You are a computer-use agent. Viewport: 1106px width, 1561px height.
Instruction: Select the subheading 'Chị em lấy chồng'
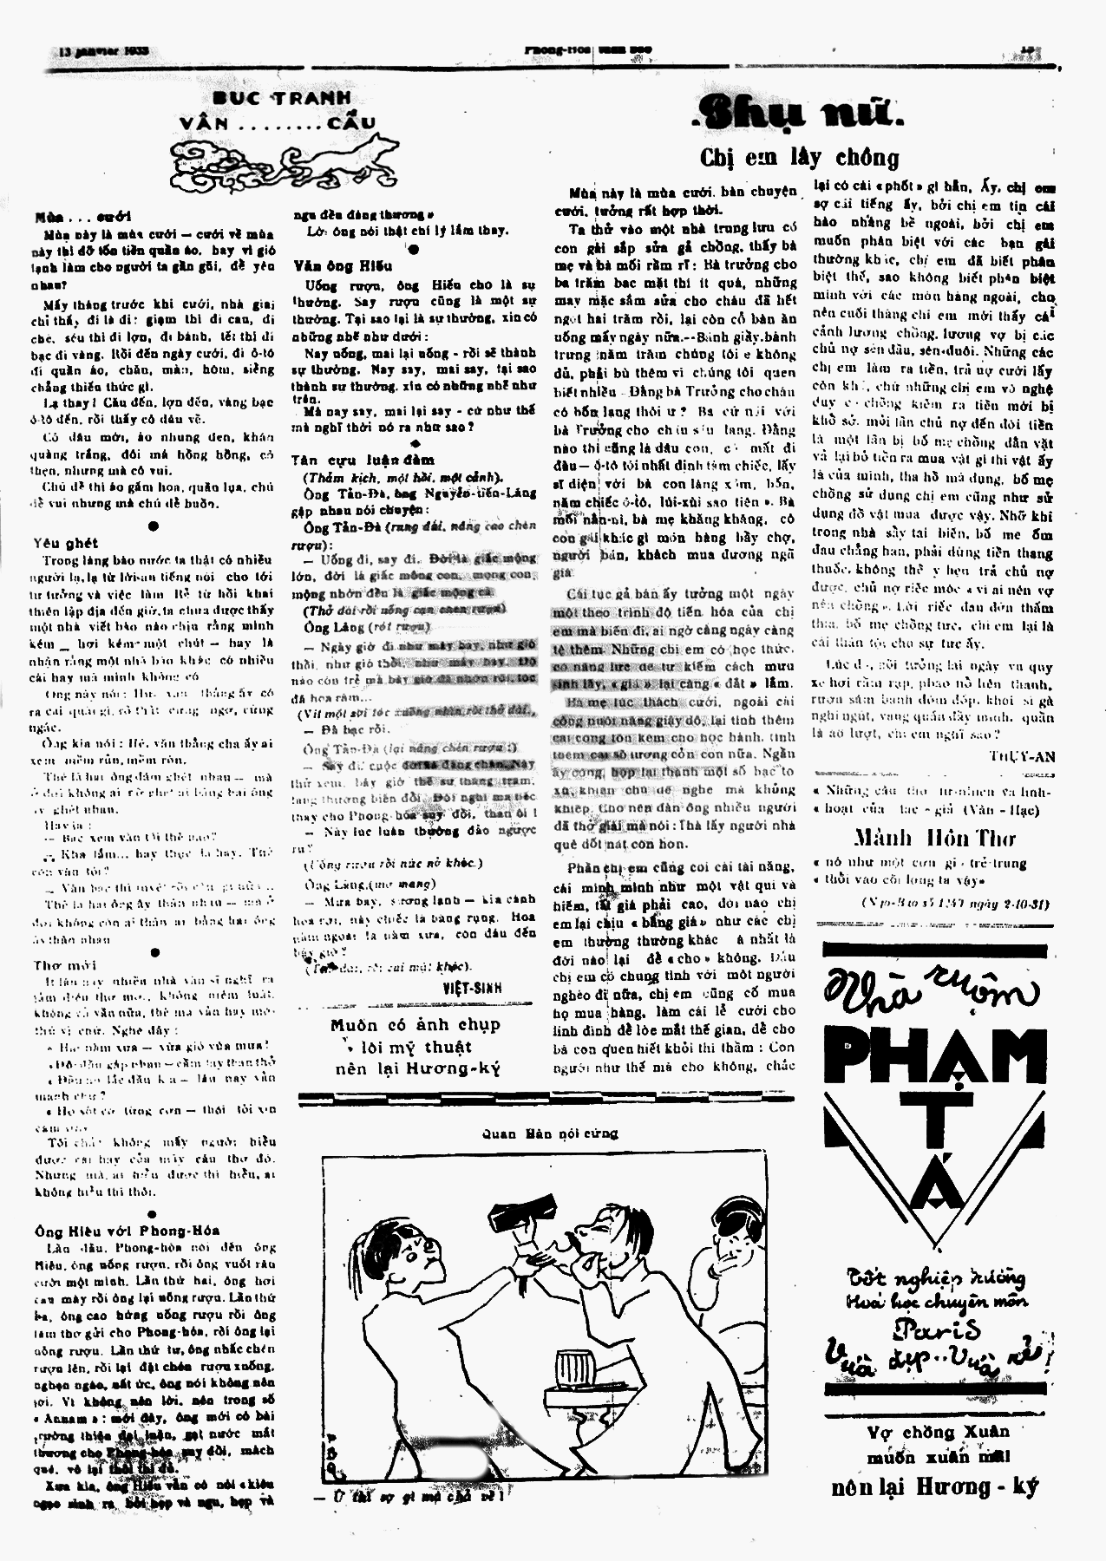click(x=799, y=158)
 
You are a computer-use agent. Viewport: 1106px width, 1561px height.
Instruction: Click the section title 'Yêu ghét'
click(x=65, y=543)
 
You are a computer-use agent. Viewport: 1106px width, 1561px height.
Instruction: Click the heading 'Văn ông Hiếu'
click(x=343, y=265)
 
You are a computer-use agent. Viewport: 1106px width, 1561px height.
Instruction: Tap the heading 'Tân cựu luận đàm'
click(x=363, y=460)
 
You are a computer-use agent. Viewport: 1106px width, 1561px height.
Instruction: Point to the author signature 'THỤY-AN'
click(x=1022, y=756)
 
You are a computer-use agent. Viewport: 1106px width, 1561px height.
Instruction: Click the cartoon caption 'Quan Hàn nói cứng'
click(x=550, y=1133)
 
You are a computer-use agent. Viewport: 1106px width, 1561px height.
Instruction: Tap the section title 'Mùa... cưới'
click(x=83, y=217)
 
